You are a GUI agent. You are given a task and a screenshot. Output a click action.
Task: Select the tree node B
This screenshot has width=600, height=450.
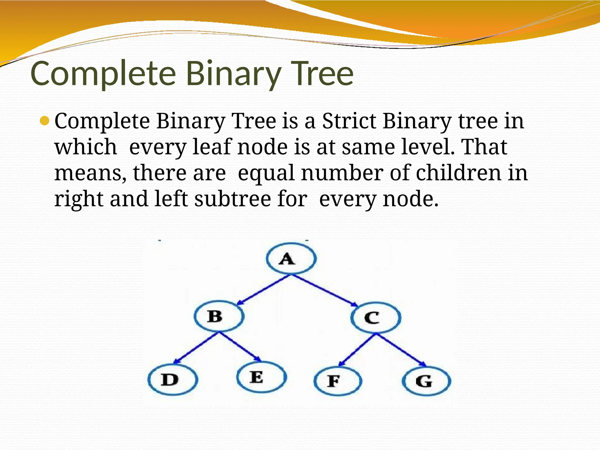(219, 316)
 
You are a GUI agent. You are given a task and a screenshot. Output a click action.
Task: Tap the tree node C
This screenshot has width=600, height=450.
(376, 318)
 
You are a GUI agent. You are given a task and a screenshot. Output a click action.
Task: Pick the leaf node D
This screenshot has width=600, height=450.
(173, 380)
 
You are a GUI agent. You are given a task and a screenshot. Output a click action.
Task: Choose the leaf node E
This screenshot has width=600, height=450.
(261, 377)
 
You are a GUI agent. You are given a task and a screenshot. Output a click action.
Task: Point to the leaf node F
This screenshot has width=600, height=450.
(337, 381)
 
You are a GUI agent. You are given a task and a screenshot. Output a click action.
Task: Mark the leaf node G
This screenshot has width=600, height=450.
(427, 381)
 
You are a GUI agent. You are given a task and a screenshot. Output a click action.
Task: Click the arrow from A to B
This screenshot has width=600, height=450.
(263, 290)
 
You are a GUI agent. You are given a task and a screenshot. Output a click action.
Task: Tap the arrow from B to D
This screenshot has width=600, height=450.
(197, 347)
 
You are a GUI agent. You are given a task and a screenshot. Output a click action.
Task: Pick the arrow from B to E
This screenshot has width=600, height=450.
(240, 347)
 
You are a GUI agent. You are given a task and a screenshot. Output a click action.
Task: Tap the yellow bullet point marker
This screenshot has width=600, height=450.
(45, 121)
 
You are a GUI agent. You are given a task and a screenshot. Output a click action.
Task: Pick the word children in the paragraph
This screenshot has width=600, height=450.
(458, 173)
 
